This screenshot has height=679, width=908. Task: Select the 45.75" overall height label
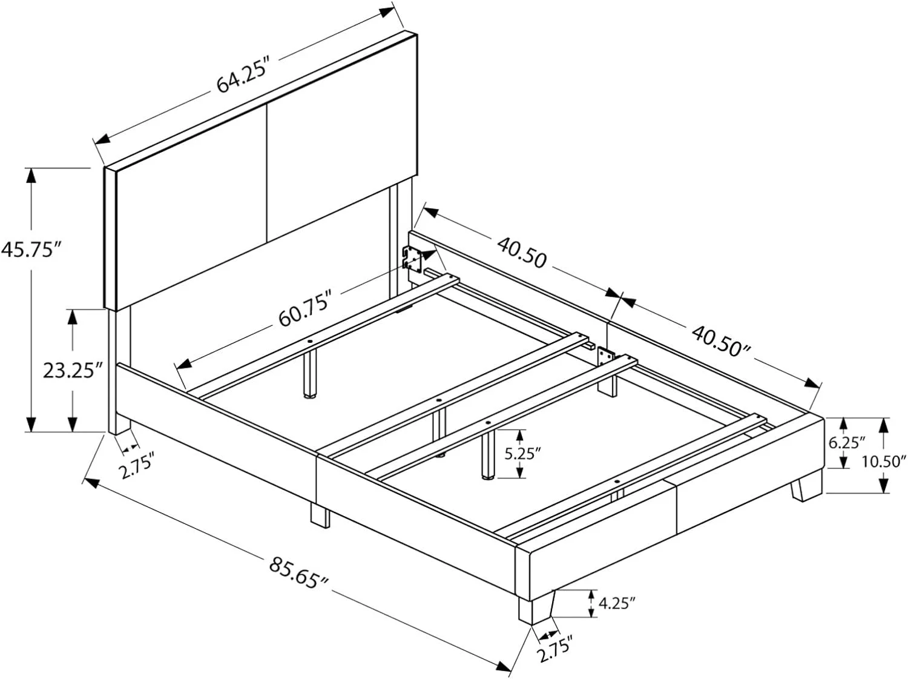31,249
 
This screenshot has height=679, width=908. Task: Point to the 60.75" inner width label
305,308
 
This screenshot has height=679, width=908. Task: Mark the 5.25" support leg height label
521,453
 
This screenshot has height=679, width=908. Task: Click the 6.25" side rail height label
847,443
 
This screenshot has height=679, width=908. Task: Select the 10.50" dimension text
884,461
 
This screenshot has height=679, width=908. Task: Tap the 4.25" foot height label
617,603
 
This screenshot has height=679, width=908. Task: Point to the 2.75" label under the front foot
553,650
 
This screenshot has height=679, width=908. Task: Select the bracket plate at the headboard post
412,258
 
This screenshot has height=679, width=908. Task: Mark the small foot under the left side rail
320,515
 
